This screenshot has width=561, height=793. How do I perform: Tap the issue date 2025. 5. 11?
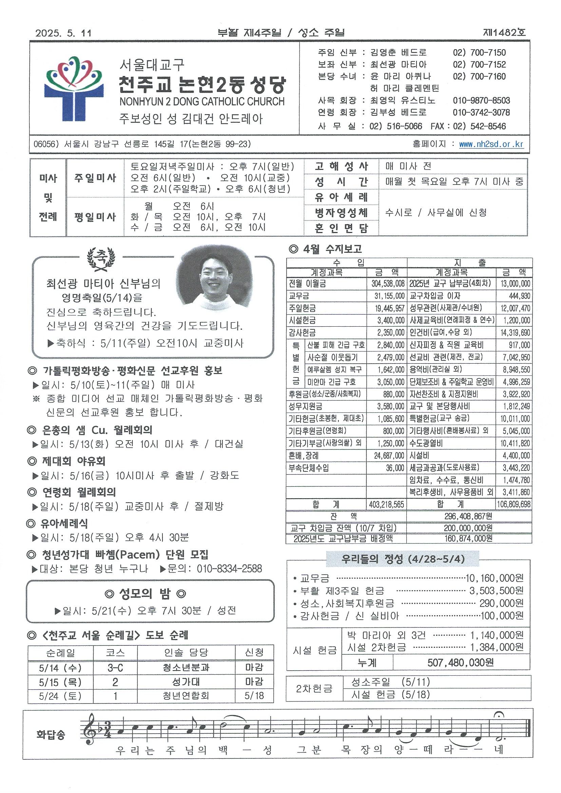click(x=63, y=33)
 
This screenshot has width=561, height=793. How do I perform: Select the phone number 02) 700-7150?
click(x=479, y=53)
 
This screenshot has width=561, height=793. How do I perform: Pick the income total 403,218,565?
click(x=386, y=505)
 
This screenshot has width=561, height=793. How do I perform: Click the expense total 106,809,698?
click(x=514, y=505)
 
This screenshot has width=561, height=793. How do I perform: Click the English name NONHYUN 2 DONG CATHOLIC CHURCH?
click(x=202, y=101)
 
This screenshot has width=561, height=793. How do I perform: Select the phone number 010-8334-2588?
click(x=229, y=568)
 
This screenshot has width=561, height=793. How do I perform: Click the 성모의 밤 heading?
click(x=145, y=594)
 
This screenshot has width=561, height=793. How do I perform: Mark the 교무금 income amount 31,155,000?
click(x=387, y=296)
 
